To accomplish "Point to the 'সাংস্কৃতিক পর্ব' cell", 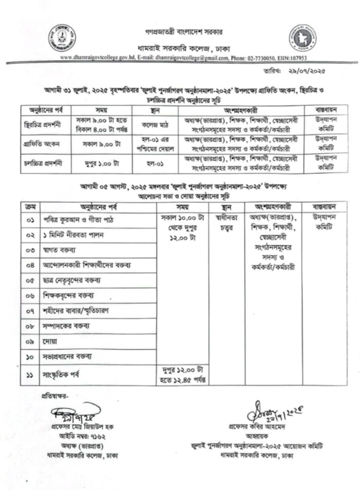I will (x=61, y=375).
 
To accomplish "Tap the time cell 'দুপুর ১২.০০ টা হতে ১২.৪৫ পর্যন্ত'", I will (x=183, y=375).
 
